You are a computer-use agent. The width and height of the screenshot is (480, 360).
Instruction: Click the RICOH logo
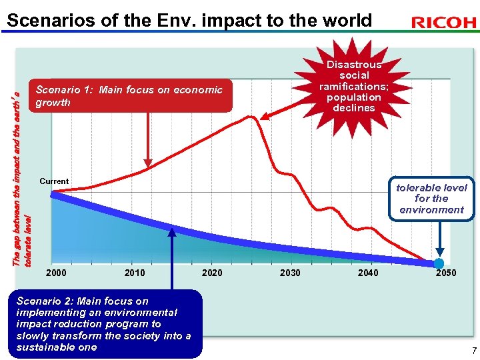coord(443,23)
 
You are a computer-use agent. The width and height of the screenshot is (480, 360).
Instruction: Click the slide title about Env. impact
coord(189,20)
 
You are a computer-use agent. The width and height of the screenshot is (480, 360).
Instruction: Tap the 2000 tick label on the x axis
coord(56,273)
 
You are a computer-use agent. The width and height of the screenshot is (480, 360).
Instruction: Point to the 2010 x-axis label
coord(134,273)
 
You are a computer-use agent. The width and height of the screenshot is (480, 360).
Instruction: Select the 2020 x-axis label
coord(212,273)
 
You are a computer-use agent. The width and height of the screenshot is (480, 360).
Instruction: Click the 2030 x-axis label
coord(290,273)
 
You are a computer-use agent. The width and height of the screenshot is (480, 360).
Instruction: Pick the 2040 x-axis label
coord(368,273)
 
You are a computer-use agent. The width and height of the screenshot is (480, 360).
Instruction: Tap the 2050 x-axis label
coord(445,273)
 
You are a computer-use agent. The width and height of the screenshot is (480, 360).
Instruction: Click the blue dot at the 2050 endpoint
coord(439,263)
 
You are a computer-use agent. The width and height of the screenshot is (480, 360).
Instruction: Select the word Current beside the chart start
coord(54,181)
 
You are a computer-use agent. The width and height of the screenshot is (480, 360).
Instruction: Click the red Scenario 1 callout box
coord(130,96)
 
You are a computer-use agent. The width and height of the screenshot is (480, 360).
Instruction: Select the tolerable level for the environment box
coord(431,198)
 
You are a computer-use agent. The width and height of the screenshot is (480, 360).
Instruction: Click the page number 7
coord(474,351)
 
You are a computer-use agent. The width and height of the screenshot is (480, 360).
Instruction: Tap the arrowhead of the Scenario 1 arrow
coord(148,162)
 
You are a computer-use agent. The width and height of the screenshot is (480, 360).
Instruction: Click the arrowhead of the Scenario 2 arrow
coord(172,233)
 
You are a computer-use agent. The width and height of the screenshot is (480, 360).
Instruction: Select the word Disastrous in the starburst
coord(354,64)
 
